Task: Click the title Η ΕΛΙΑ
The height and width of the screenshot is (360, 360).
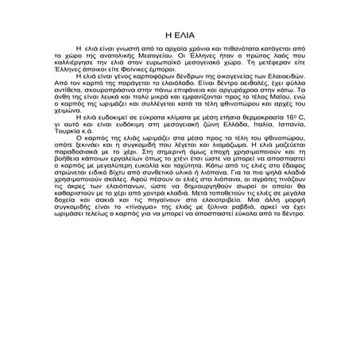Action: pos(180,36)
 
